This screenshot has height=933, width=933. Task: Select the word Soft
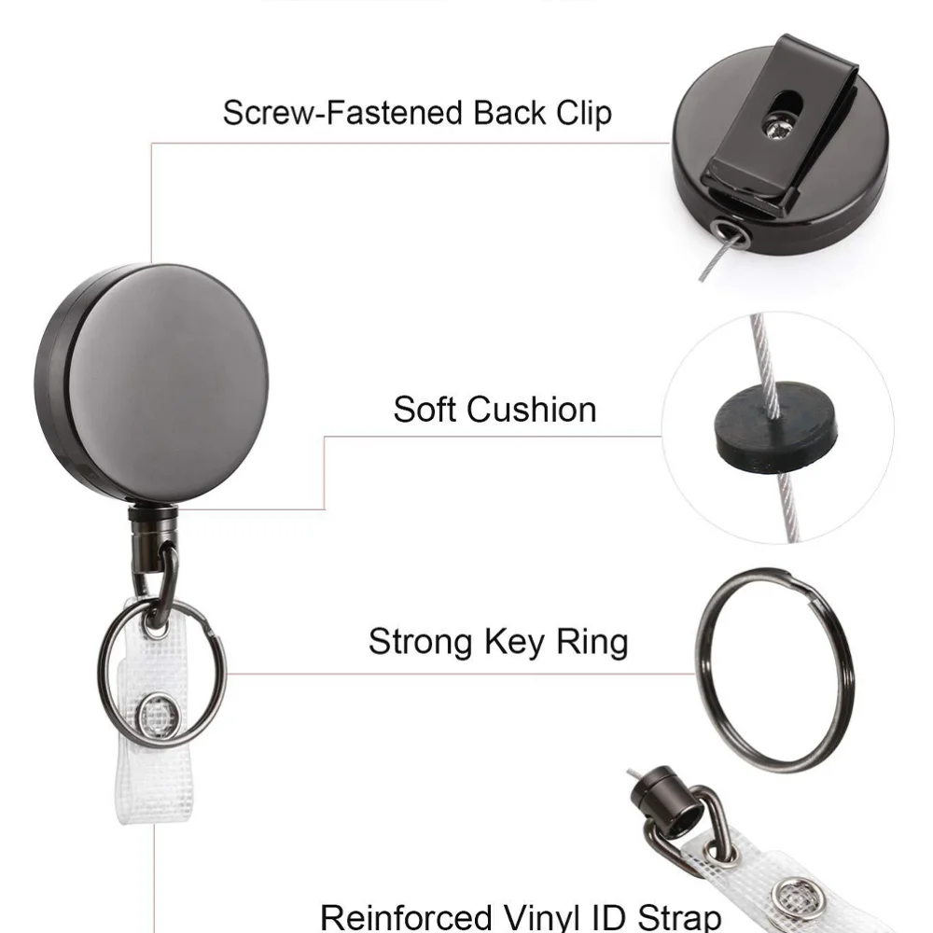[x=425, y=410]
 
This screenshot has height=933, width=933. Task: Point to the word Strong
[x=419, y=642]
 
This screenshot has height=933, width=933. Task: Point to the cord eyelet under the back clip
[x=724, y=230]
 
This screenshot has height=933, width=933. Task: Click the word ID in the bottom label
[x=607, y=916]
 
